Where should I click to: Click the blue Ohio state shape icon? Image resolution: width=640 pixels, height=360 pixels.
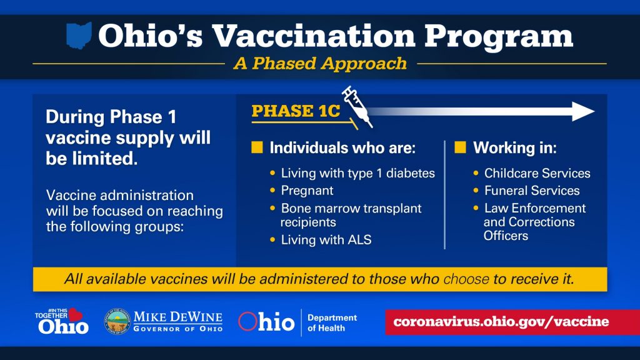click(79, 36)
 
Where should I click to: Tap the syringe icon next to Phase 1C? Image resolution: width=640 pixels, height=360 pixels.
click(357, 106)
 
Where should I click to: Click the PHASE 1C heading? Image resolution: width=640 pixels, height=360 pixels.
click(296, 111)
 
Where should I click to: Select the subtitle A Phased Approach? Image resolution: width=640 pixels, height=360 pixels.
click(320, 64)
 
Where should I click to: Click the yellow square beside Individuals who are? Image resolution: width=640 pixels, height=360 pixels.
click(257, 147)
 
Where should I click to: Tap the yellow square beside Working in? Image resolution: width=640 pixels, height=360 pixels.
click(460, 147)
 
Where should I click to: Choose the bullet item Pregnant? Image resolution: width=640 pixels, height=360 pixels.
click(307, 191)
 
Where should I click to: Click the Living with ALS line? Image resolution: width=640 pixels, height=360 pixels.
click(326, 239)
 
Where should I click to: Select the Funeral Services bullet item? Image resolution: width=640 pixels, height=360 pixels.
click(532, 191)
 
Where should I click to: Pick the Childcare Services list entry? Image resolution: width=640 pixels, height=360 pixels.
click(537, 173)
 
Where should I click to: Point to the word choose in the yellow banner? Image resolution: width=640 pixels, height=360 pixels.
click(466, 279)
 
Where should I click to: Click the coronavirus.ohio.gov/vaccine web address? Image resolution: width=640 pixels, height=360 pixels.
click(501, 322)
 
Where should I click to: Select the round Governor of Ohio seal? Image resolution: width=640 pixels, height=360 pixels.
click(117, 321)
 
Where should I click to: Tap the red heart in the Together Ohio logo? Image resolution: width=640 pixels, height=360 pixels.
click(75, 314)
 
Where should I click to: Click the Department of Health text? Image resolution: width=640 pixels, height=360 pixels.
click(332, 323)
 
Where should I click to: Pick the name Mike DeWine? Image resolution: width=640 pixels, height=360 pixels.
click(178, 317)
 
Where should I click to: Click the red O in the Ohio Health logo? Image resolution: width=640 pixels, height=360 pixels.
click(247, 322)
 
